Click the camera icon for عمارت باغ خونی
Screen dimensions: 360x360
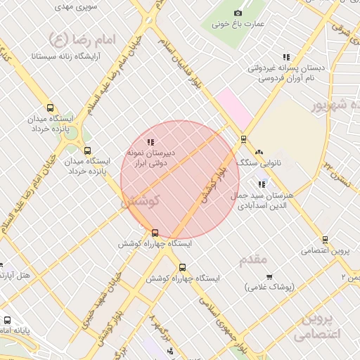(x=238, y=13)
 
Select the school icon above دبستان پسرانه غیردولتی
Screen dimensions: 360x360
(x=285, y=57)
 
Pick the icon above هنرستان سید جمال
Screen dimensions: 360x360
(x=262, y=184)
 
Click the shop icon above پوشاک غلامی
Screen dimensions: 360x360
(x=269, y=276)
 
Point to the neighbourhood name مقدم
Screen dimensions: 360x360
(x=253, y=259)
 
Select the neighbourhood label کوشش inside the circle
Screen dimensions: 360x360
(x=141, y=200)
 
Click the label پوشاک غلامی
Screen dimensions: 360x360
(x=271, y=287)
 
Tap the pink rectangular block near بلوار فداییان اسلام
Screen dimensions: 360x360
(x=233, y=108)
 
